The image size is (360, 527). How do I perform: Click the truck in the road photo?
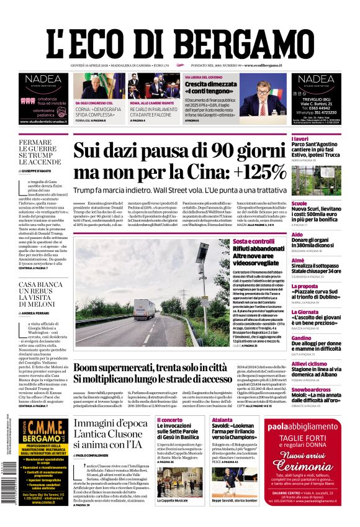tap(144, 309)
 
